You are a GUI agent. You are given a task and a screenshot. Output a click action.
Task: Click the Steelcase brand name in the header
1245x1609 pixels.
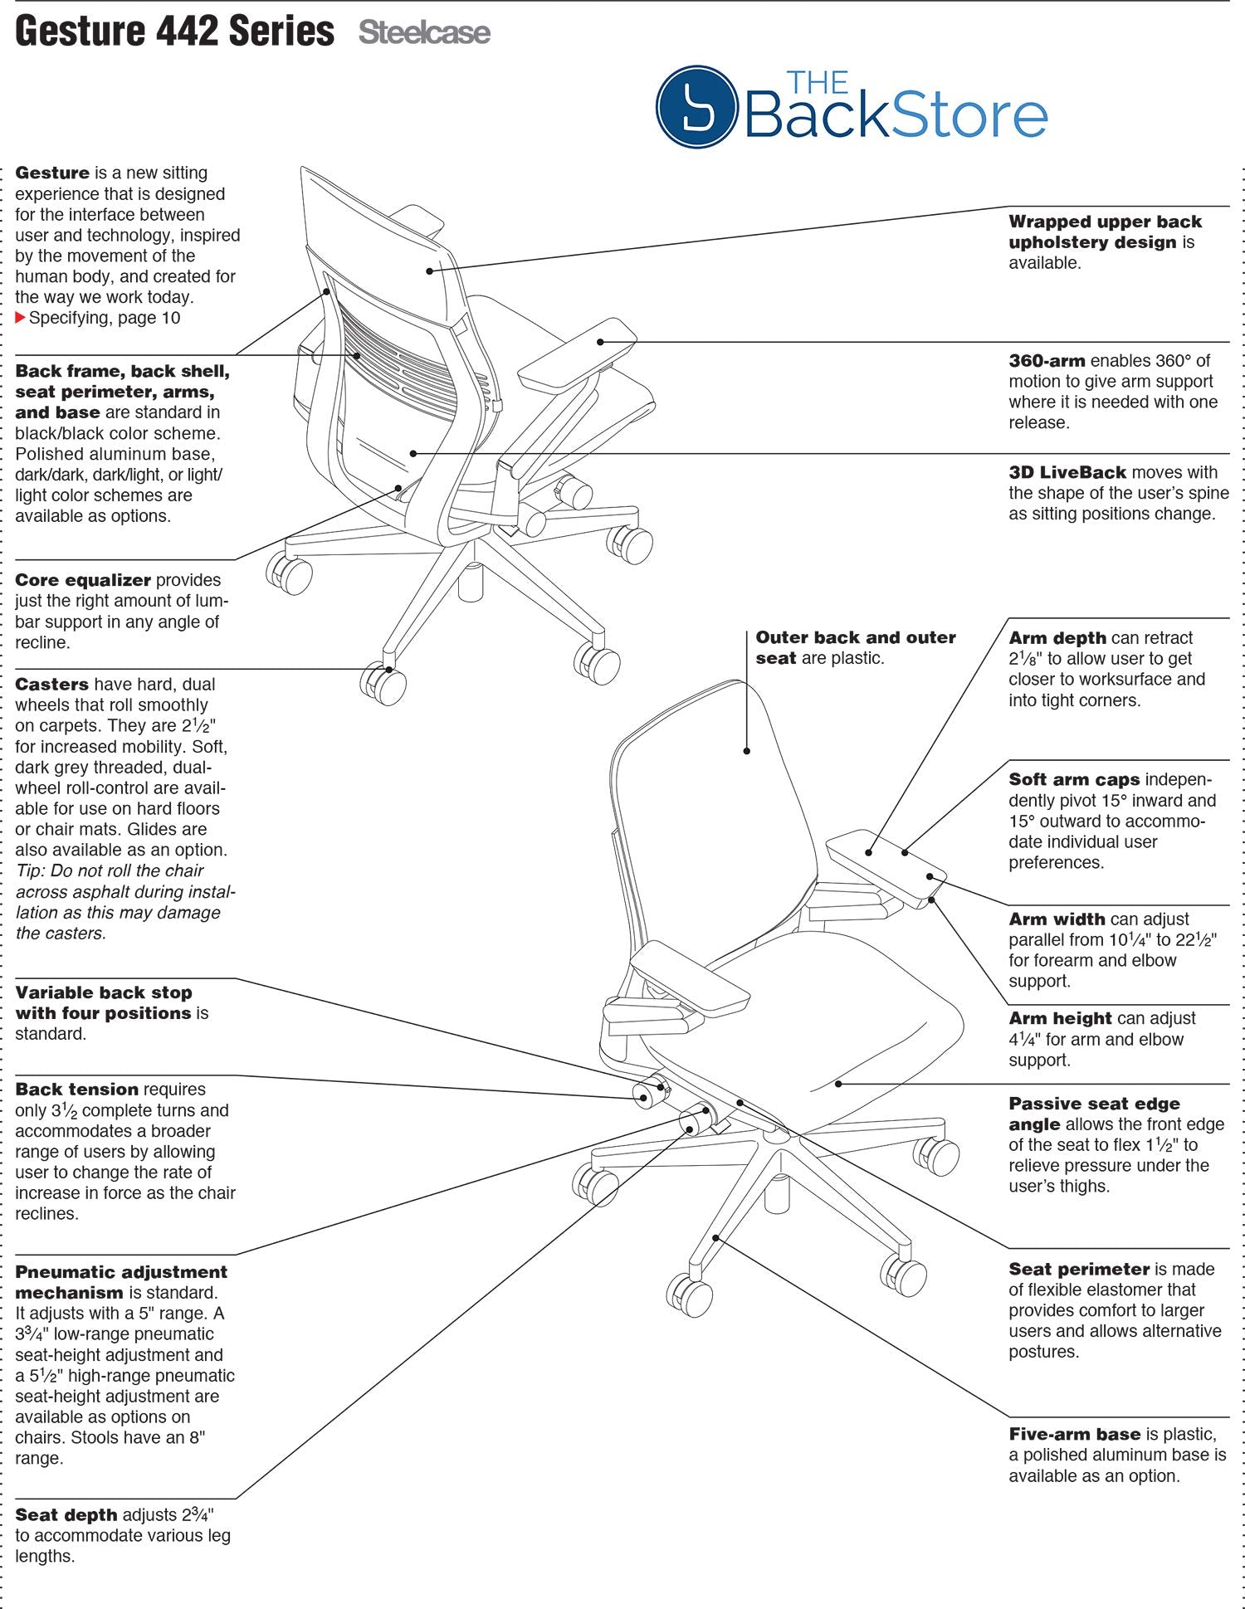(x=424, y=33)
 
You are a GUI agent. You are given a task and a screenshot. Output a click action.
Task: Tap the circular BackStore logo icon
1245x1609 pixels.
(x=696, y=107)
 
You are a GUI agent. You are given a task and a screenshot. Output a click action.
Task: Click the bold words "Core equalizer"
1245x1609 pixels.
(x=83, y=580)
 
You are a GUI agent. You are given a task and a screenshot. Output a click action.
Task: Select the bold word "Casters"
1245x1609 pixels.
(x=51, y=685)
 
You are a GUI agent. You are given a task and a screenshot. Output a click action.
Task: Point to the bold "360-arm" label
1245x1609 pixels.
(x=1047, y=361)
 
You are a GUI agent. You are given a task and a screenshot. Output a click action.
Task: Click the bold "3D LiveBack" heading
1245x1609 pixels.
(x=1067, y=472)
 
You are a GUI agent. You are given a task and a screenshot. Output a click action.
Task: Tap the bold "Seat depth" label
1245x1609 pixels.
(x=66, y=1515)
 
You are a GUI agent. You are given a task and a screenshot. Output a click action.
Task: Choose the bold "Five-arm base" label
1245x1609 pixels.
(x=1075, y=1435)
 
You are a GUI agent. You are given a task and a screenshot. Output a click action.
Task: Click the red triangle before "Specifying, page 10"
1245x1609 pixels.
(x=21, y=318)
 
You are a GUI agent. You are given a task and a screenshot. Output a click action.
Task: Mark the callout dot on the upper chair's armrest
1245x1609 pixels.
(x=600, y=341)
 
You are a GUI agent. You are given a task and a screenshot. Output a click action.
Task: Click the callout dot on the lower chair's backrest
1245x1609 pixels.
(x=746, y=751)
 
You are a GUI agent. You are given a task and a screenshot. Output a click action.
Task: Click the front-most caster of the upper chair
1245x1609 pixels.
(x=383, y=685)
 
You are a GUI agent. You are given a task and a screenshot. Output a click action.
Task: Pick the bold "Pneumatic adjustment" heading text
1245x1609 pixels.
(x=121, y=1272)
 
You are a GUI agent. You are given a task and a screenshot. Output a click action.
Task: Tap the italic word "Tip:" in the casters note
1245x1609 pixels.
(x=31, y=871)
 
